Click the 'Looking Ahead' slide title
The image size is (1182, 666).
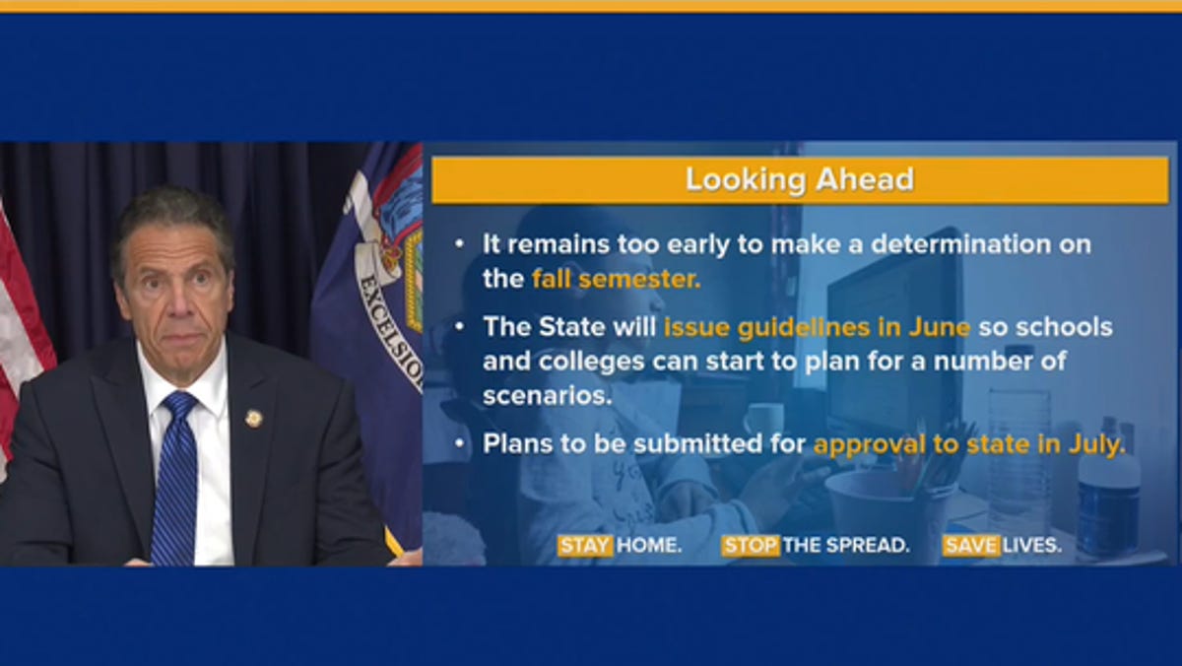tap(800, 179)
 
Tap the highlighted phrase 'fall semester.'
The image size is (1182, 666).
tap(617, 279)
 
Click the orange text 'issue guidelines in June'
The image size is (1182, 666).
tap(817, 328)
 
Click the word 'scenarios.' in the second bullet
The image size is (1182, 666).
tap(548, 396)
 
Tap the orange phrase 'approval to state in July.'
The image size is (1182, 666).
tap(969, 444)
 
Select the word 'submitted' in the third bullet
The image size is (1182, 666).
tap(698, 443)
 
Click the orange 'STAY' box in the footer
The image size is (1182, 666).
tap(585, 546)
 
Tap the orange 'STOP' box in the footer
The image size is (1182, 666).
tap(751, 546)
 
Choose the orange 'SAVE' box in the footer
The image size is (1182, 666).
tap(971, 546)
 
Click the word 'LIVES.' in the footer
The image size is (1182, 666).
tap(1031, 546)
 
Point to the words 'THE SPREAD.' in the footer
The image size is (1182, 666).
tap(846, 546)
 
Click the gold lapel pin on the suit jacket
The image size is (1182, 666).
tap(254, 419)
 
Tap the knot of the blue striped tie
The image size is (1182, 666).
tap(179, 406)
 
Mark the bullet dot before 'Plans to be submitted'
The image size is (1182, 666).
tap(460, 443)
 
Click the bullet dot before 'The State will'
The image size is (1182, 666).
tap(460, 327)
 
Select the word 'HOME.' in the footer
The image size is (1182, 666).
tap(649, 546)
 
